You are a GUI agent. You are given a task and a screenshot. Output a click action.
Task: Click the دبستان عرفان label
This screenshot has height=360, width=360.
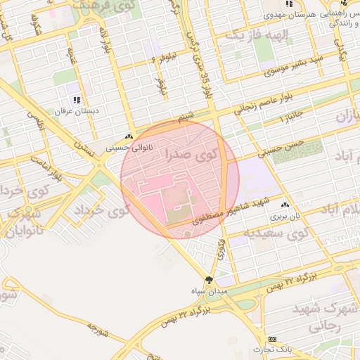(75, 111)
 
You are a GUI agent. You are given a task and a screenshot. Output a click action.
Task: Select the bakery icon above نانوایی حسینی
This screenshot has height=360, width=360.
(128, 137)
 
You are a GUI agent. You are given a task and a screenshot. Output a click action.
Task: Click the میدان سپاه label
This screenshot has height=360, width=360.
(209, 290)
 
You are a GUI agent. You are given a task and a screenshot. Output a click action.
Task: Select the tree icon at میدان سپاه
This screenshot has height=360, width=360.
(209, 279)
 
